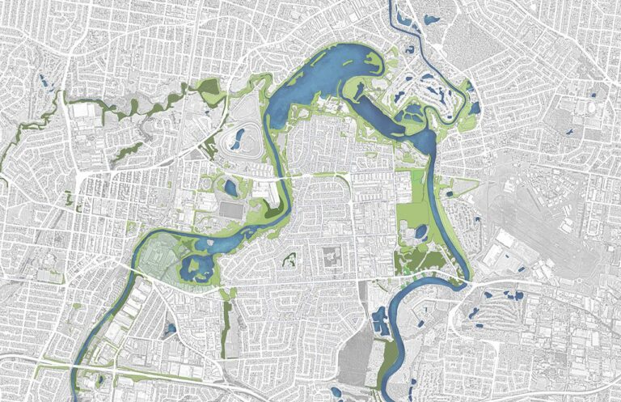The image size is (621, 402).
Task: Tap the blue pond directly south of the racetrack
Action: (x=230, y=188)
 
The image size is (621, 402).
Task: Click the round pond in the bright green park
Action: (x=420, y=232)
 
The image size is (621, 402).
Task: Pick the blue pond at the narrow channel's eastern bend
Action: (x=474, y=105)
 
